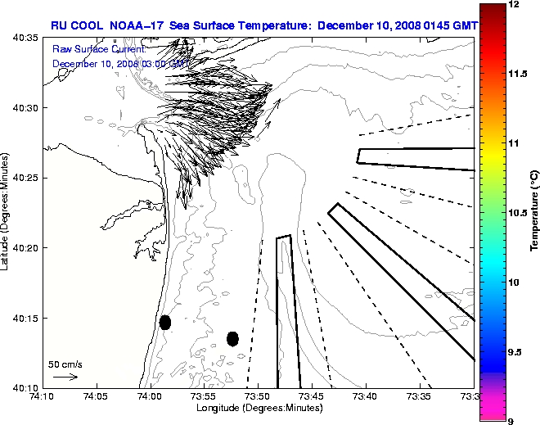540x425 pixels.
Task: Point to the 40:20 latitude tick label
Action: [x=25, y=247]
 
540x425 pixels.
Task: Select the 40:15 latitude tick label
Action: [x=25, y=318]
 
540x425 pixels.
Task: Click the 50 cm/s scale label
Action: [x=65, y=364]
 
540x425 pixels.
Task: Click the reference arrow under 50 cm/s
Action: [x=65, y=377]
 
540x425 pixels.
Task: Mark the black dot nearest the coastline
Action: [x=165, y=322]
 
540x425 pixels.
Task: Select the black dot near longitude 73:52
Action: [x=233, y=338]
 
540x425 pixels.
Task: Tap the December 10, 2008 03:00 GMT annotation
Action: [x=120, y=62]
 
